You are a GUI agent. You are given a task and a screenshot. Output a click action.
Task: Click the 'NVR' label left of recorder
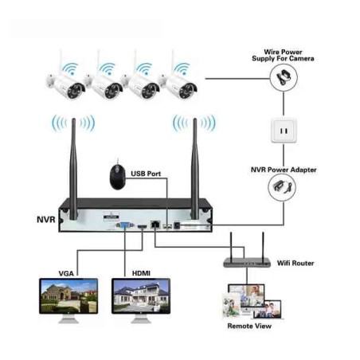click(x=45, y=217)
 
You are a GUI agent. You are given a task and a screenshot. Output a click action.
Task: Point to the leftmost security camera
click(x=61, y=83)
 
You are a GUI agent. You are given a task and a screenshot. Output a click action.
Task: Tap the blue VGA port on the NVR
click(x=126, y=226)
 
